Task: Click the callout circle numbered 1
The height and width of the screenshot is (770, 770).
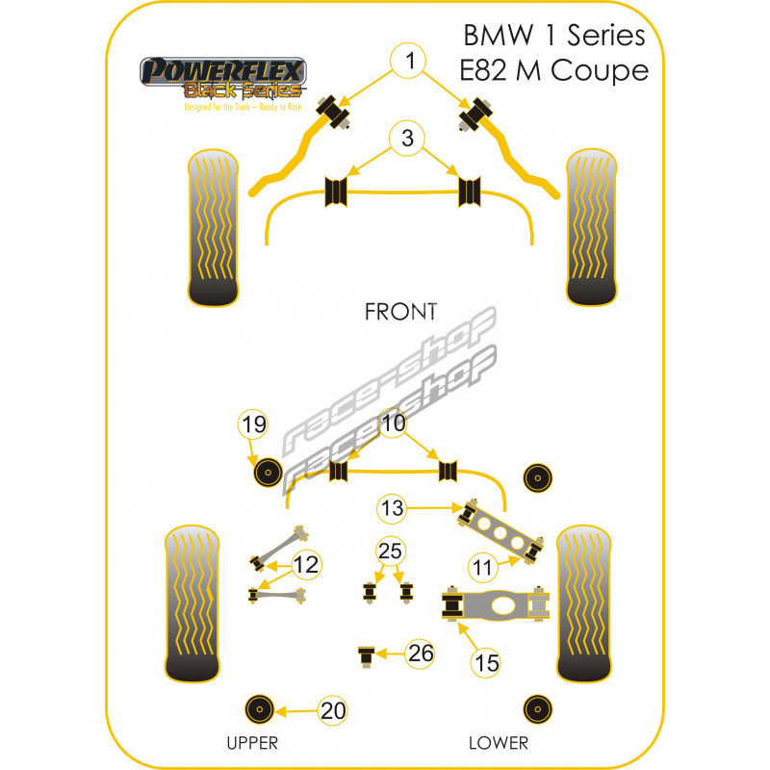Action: pos(410,63)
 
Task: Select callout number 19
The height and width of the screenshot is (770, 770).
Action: pos(253,424)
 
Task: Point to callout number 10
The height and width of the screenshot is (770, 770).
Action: pos(393,423)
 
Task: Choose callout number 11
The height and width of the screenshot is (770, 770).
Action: pos(482,567)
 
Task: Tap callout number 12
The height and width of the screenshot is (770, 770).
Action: pos(306,566)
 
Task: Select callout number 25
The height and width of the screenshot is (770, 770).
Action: pos(391,552)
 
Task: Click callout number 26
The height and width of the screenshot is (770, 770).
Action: pos(420,654)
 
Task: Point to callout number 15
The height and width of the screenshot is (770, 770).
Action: pos(486,661)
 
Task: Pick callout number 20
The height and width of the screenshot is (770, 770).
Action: pos(333,711)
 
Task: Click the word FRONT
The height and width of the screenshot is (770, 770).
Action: pos(400,312)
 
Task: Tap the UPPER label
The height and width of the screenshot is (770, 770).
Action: pos(252,742)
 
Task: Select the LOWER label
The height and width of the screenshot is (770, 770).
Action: pos(498,742)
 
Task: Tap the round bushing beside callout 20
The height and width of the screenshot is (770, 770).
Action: pos(258,709)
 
